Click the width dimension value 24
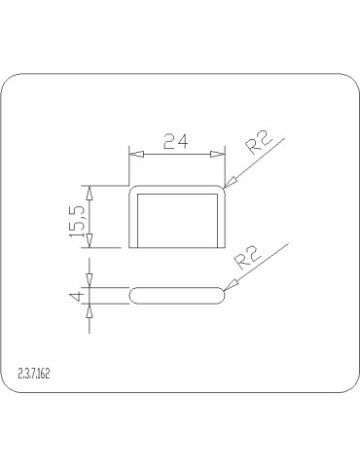point(175,141)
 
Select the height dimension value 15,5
point(78,217)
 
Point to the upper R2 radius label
point(259,144)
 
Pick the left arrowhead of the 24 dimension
point(136,153)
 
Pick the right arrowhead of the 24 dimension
point(218,153)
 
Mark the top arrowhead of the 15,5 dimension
point(90,190)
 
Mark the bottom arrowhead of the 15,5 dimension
point(90,243)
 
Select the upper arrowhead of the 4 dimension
point(90,281)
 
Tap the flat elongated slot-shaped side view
point(177,296)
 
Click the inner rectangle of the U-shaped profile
point(177,220)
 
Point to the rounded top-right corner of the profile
point(222,188)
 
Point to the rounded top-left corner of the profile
point(133,188)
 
